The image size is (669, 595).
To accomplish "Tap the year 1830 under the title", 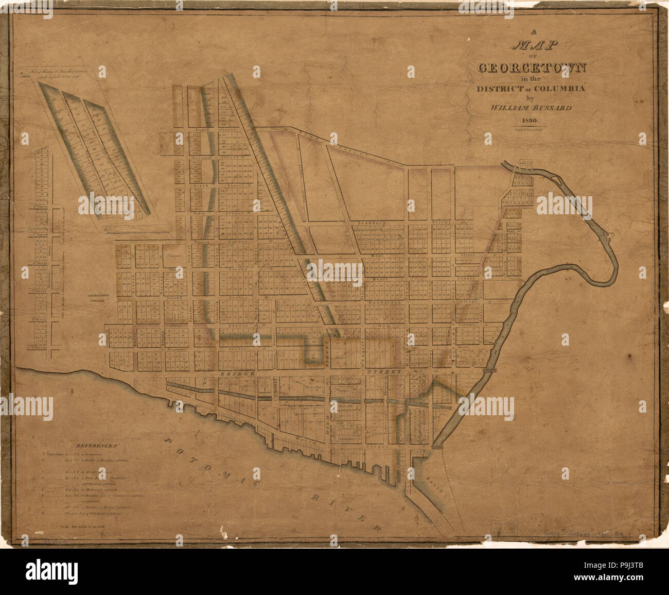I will coord(529,122).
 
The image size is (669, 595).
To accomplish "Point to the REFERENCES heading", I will coord(97,445).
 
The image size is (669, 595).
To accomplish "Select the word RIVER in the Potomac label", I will coord(345,510).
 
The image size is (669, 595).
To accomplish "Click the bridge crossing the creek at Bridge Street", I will coord(490,369).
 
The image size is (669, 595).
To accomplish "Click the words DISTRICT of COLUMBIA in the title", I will coord(530,89).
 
